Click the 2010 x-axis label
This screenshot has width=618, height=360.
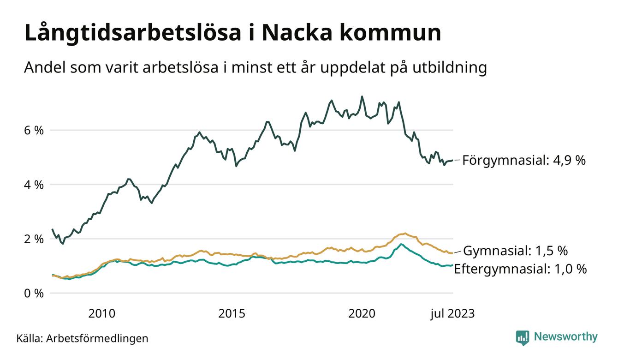click(x=102, y=314)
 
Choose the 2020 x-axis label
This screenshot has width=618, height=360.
click(x=362, y=314)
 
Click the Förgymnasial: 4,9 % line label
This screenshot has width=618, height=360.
click(x=523, y=160)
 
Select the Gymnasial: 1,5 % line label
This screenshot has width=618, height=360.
click(x=515, y=251)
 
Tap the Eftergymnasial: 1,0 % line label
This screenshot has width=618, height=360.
click(x=520, y=269)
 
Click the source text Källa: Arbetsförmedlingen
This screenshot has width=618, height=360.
click(x=82, y=338)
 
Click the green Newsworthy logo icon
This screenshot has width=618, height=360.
click(x=523, y=337)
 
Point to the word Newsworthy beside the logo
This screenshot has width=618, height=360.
click(x=565, y=337)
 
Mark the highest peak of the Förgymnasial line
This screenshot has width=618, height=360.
click(x=362, y=96)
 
